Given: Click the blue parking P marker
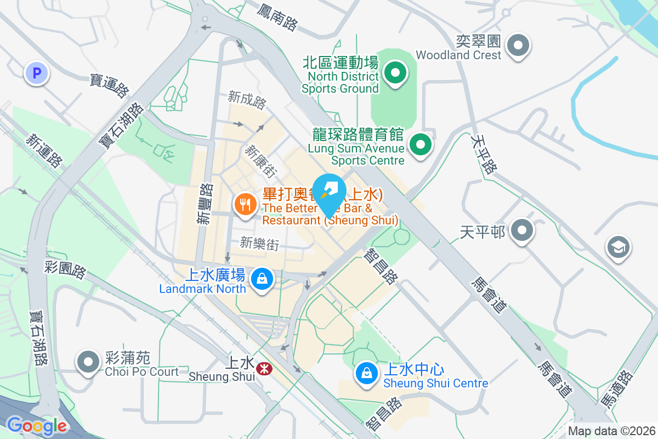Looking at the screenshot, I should pos(37,72).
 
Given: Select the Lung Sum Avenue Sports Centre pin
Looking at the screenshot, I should pos(421,145).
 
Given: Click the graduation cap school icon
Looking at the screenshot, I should pos(618,248).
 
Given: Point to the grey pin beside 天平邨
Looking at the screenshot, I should pos(521,230).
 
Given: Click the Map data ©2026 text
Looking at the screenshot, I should pos(611,431).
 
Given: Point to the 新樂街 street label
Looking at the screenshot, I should pos(259,243).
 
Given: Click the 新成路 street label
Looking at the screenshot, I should pos(248,100).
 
